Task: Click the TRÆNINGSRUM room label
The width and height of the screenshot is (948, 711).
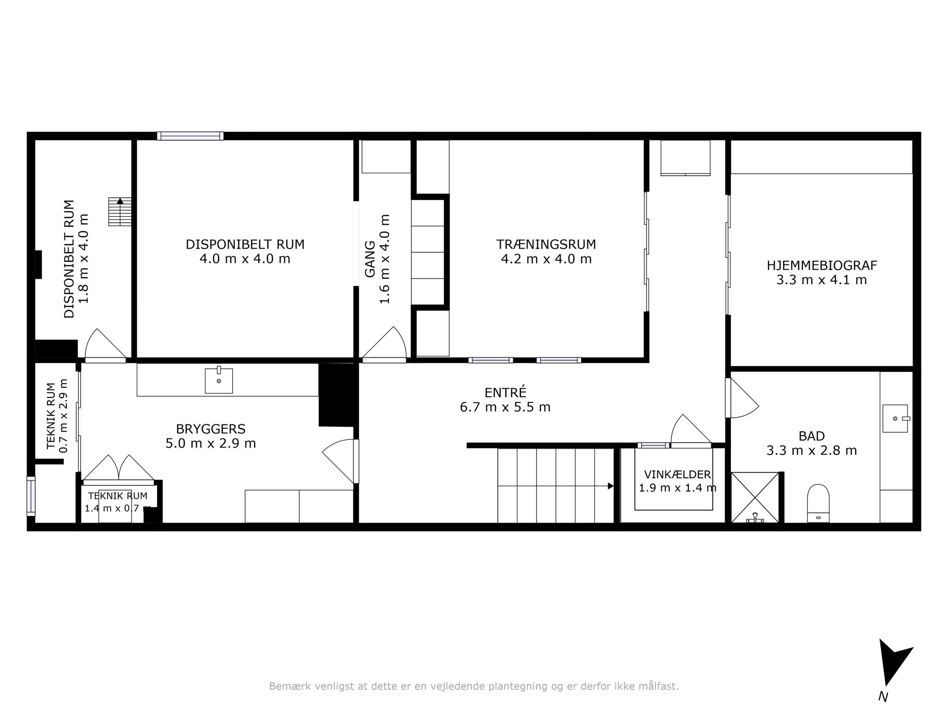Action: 546,245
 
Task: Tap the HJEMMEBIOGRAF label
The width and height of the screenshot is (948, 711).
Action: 822,265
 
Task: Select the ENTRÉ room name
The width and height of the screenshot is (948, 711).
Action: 505,392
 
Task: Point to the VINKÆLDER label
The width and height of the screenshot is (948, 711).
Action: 677,474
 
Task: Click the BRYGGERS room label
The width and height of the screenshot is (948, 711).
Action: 210,429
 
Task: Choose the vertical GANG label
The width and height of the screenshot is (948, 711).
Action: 370,259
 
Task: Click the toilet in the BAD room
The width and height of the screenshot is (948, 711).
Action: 818,503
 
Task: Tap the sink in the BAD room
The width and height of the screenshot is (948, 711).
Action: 895,419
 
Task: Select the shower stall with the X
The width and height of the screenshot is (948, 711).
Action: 755,497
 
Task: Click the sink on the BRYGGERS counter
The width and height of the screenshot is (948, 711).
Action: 219,380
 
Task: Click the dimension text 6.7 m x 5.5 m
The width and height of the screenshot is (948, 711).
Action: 505,407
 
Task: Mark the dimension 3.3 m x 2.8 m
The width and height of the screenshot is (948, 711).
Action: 811,450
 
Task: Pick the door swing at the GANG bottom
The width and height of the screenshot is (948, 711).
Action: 384,343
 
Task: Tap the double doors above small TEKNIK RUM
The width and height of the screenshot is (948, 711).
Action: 118,469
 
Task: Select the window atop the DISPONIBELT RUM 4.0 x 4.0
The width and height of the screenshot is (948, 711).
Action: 190,136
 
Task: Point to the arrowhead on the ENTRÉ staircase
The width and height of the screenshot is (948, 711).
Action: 611,486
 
